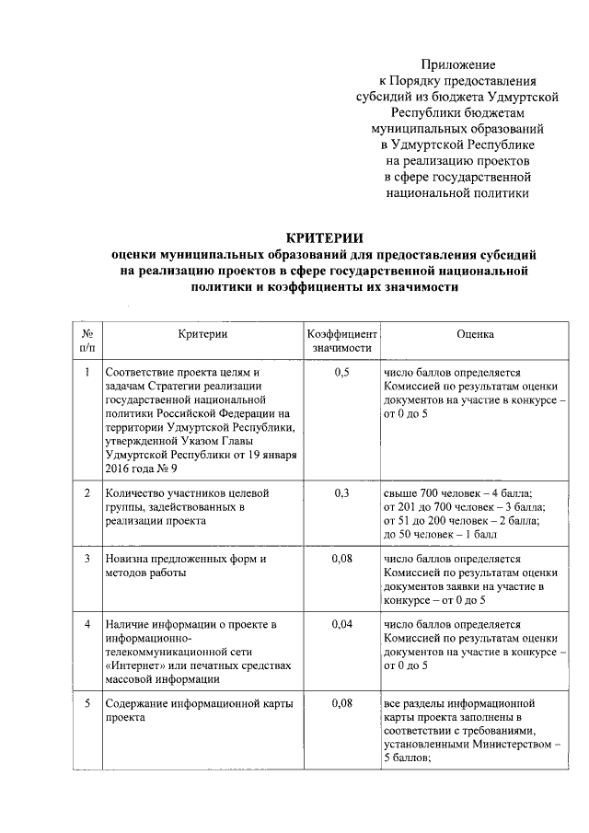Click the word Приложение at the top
[458, 64]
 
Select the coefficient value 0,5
[341, 372]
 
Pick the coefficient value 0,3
[341, 493]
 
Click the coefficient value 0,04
[341, 626]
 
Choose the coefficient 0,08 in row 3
[341, 559]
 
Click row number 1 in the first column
[86, 372]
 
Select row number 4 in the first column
[86, 626]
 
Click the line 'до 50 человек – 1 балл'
[440, 534]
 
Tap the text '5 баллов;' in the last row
[408, 758]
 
